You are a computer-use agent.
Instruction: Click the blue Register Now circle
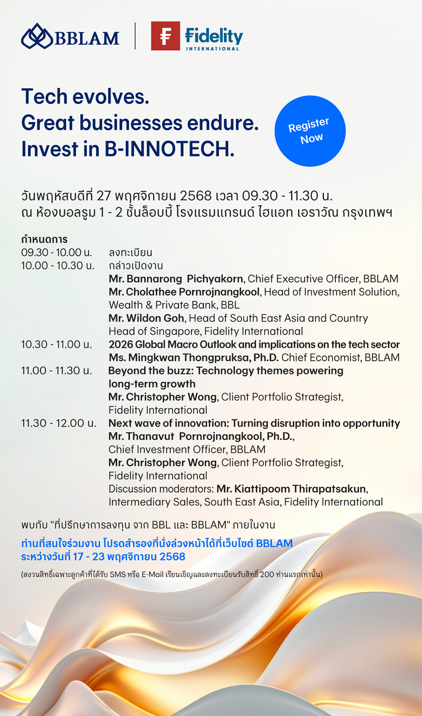coord(310,131)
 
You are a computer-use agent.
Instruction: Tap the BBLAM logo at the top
coord(70,36)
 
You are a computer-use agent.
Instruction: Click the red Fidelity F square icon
coord(165,36)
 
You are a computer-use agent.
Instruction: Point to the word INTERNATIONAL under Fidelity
coord(212,49)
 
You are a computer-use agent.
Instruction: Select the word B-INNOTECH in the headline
coord(169,149)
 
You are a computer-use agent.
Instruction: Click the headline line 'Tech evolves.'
coord(85,97)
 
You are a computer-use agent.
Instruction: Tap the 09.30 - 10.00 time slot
coord(57,252)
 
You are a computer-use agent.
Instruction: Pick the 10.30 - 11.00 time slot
coord(57,344)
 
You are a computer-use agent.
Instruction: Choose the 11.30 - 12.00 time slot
coord(59,423)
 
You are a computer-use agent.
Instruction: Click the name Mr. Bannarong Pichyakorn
coord(176,279)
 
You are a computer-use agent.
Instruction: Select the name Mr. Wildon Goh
coord(146,318)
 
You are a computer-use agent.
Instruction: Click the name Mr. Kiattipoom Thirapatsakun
coord(291,489)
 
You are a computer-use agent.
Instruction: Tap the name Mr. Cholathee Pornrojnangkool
coord(184,292)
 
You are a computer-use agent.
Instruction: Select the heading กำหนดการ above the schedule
coord(44,239)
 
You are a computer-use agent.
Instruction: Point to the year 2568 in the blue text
coord(172,556)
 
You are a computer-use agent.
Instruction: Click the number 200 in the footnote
coord(267,575)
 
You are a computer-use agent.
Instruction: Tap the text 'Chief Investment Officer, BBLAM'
coord(187,450)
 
